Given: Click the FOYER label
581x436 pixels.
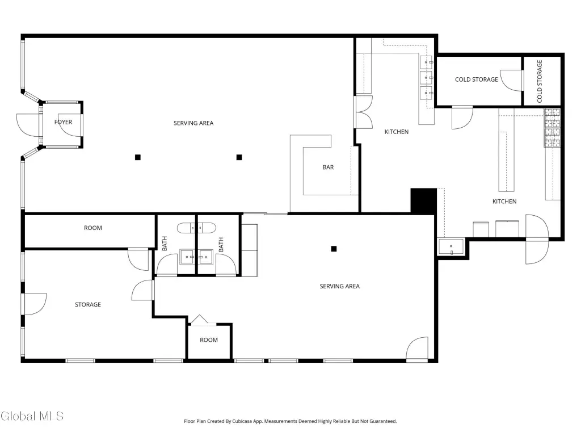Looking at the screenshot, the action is click(x=63, y=122).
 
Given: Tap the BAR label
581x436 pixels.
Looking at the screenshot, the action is click(x=328, y=167).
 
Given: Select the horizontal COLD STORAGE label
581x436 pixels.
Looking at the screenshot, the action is click(x=476, y=79).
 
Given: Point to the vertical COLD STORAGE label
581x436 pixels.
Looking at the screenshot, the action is click(x=540, y=81).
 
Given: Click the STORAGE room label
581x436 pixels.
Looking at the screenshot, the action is click(x=88, y=304).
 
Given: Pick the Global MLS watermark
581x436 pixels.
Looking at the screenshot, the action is click(x=32, y=416).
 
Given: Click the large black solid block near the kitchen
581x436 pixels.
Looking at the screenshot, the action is click(x=423, y=200).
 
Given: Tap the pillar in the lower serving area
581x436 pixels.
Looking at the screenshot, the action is click(x=334, y=249).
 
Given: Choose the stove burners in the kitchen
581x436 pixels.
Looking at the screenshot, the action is click(x=552, y=128).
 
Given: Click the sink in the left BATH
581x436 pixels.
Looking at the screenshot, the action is click(x=187, y=257).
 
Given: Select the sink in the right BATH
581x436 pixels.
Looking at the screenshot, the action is click(x=205, y=257).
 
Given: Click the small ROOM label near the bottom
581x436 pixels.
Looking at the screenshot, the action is click(x=209, y=340).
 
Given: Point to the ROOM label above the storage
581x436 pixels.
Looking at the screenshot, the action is click(x=92, y=228).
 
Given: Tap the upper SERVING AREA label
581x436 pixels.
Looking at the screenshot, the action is click(x=193, y=123).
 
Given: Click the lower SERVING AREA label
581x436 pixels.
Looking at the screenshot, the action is click(x=339, y=286).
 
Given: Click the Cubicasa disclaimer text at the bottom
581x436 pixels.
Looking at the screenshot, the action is click(x=290, y=421).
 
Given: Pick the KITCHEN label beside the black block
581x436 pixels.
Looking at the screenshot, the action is click(x=504, y=202).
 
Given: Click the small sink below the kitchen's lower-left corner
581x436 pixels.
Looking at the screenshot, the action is click(x=451, y=247).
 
